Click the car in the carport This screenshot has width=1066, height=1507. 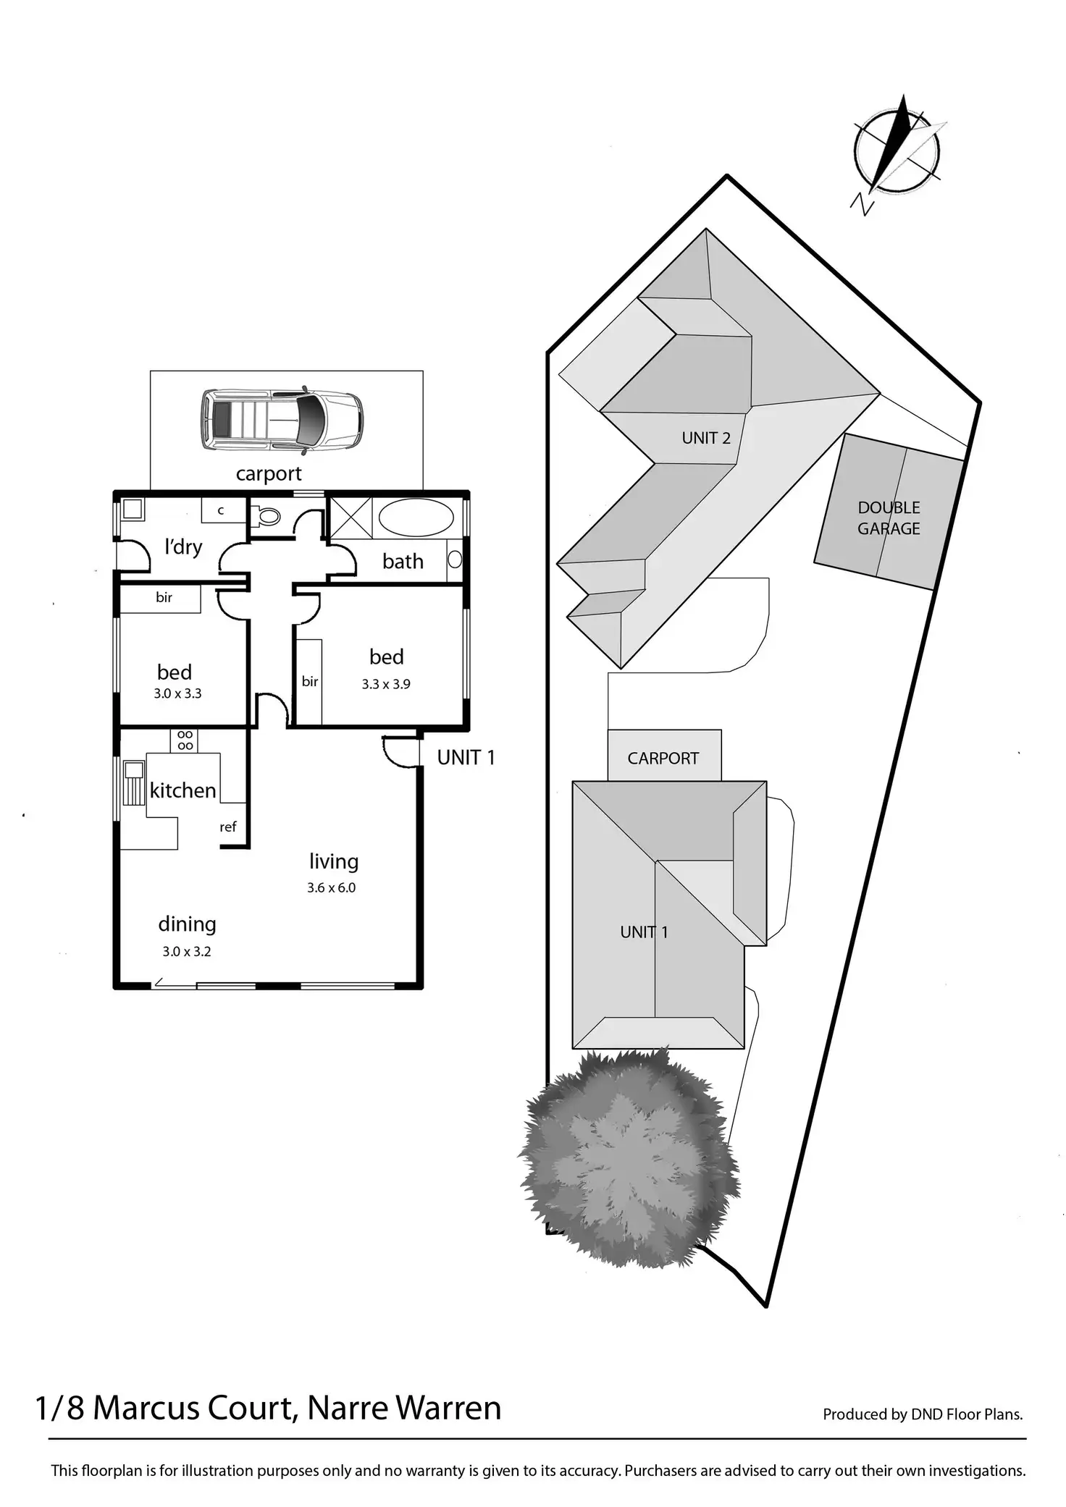tap(282, 421)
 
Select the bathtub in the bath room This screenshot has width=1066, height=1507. tap(416, 518)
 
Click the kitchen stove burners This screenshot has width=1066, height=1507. tap(185, 740)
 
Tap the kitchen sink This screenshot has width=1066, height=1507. tap(134, 782)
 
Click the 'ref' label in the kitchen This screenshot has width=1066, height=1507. tap(228, 827)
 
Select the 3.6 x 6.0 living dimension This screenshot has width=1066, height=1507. tap(331, 888)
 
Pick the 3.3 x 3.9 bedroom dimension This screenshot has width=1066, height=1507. tap(386, 684)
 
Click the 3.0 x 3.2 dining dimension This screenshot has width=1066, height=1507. tap(187, 952)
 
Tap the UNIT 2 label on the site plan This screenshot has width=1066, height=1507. tap(706, 438)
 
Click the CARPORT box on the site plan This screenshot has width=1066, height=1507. tap(663, 757)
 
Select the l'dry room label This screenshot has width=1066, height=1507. tap(183, 547)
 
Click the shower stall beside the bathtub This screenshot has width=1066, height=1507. tap(351, 518)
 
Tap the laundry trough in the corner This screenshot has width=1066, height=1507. tap(133, 509)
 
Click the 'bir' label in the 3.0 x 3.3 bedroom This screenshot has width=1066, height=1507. tap(164, 598)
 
